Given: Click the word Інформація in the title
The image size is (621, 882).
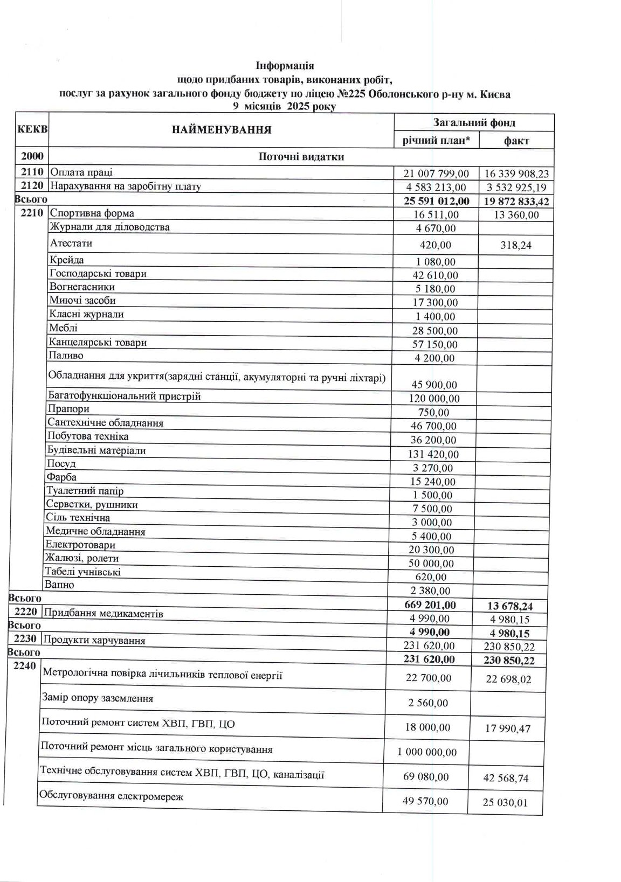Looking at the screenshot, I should [285, 66].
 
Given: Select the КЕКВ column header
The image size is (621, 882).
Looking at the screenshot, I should [32, 130].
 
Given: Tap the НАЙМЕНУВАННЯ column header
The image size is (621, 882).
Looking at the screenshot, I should [221, 129].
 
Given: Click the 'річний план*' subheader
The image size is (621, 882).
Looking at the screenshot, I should [436, 140].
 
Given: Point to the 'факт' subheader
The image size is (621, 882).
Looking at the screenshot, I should [516, 141].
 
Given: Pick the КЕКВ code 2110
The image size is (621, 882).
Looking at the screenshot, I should [32, 172].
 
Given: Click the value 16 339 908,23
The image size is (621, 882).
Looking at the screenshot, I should [516, 173].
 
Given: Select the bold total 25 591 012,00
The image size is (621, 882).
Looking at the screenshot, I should [436, 201].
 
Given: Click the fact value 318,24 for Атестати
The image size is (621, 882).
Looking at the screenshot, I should [515, 245].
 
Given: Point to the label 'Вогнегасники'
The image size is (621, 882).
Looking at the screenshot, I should [82, 287].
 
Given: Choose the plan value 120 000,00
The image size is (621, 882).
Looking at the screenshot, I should [435, 399].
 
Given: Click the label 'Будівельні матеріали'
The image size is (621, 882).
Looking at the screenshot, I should [96, 450].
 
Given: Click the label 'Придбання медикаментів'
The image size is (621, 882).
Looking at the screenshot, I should [103, 613].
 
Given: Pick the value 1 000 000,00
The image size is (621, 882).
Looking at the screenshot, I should [427, 752].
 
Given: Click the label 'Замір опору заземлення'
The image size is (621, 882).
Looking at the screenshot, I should [98, 698].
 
